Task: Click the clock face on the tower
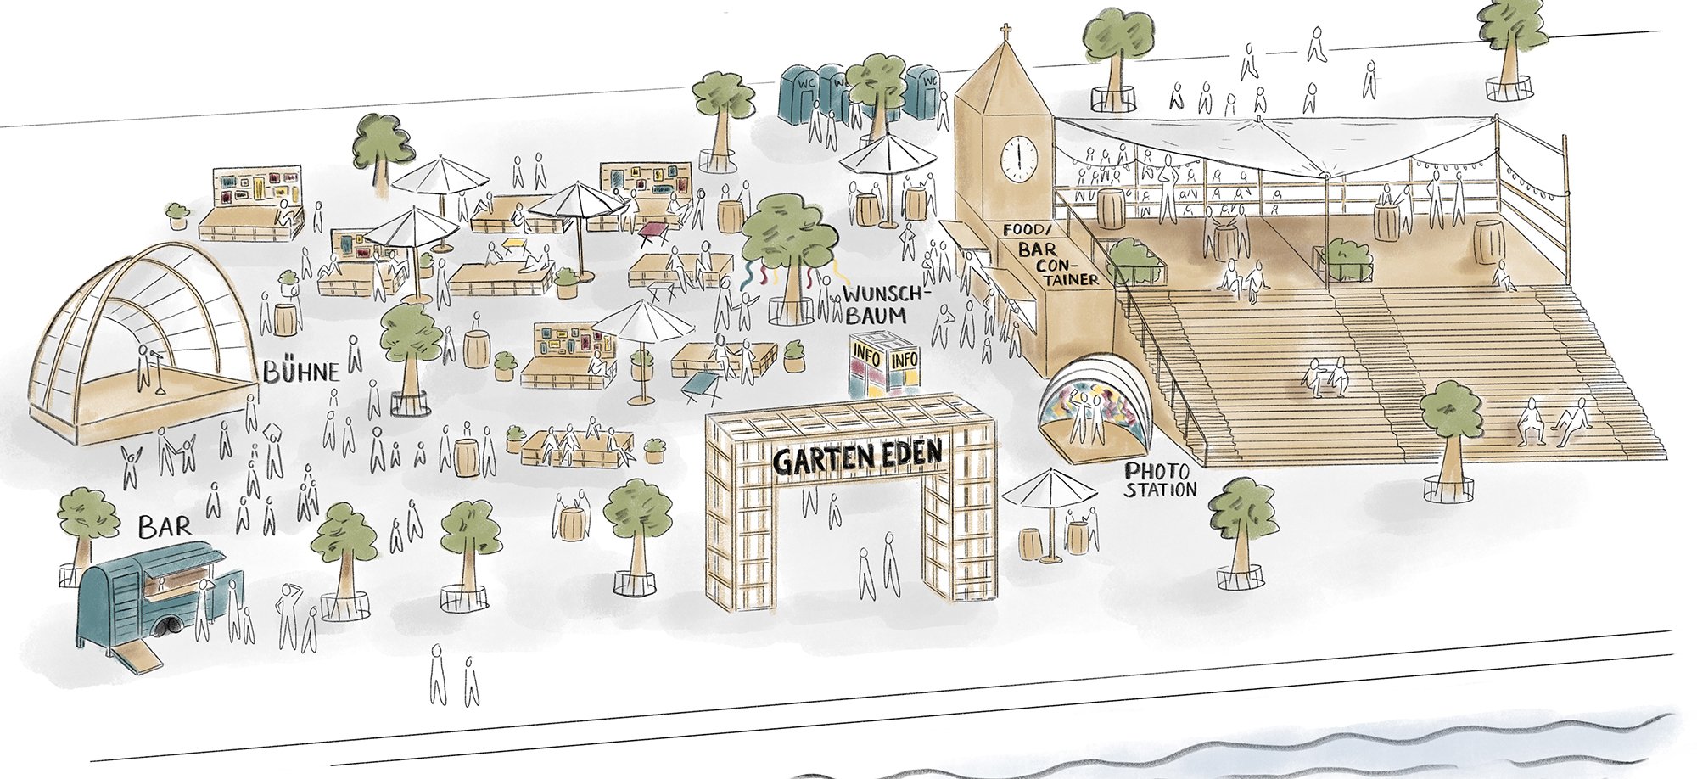(x=1017, y=158)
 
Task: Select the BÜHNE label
(x=300, y=372)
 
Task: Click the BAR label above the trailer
(x=165, y=527)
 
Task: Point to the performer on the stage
(x=145, y=365)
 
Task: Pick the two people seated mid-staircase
(x=1325, y=378)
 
